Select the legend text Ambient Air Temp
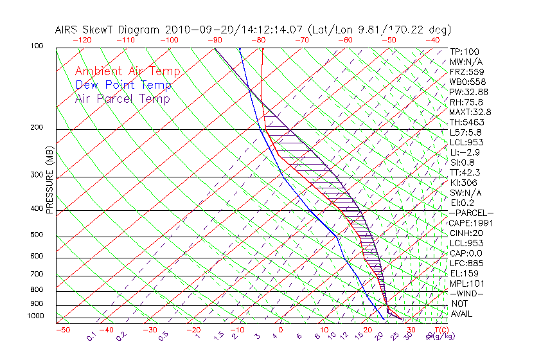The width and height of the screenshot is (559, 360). click(127, 71)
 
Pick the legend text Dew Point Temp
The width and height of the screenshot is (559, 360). click(123, 85)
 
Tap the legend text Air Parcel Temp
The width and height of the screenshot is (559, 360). click(123, 98)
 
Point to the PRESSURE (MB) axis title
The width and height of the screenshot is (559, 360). click(49, 183)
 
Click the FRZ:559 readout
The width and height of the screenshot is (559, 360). click(465, 72)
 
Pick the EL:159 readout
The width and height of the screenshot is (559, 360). click(462, 273)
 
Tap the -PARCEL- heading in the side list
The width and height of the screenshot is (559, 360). click(471, 213)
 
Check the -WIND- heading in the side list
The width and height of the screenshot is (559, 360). click(466, 293)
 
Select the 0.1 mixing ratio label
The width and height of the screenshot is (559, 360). click(92, 336)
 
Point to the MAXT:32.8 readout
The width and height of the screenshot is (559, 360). click(468, 112)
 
